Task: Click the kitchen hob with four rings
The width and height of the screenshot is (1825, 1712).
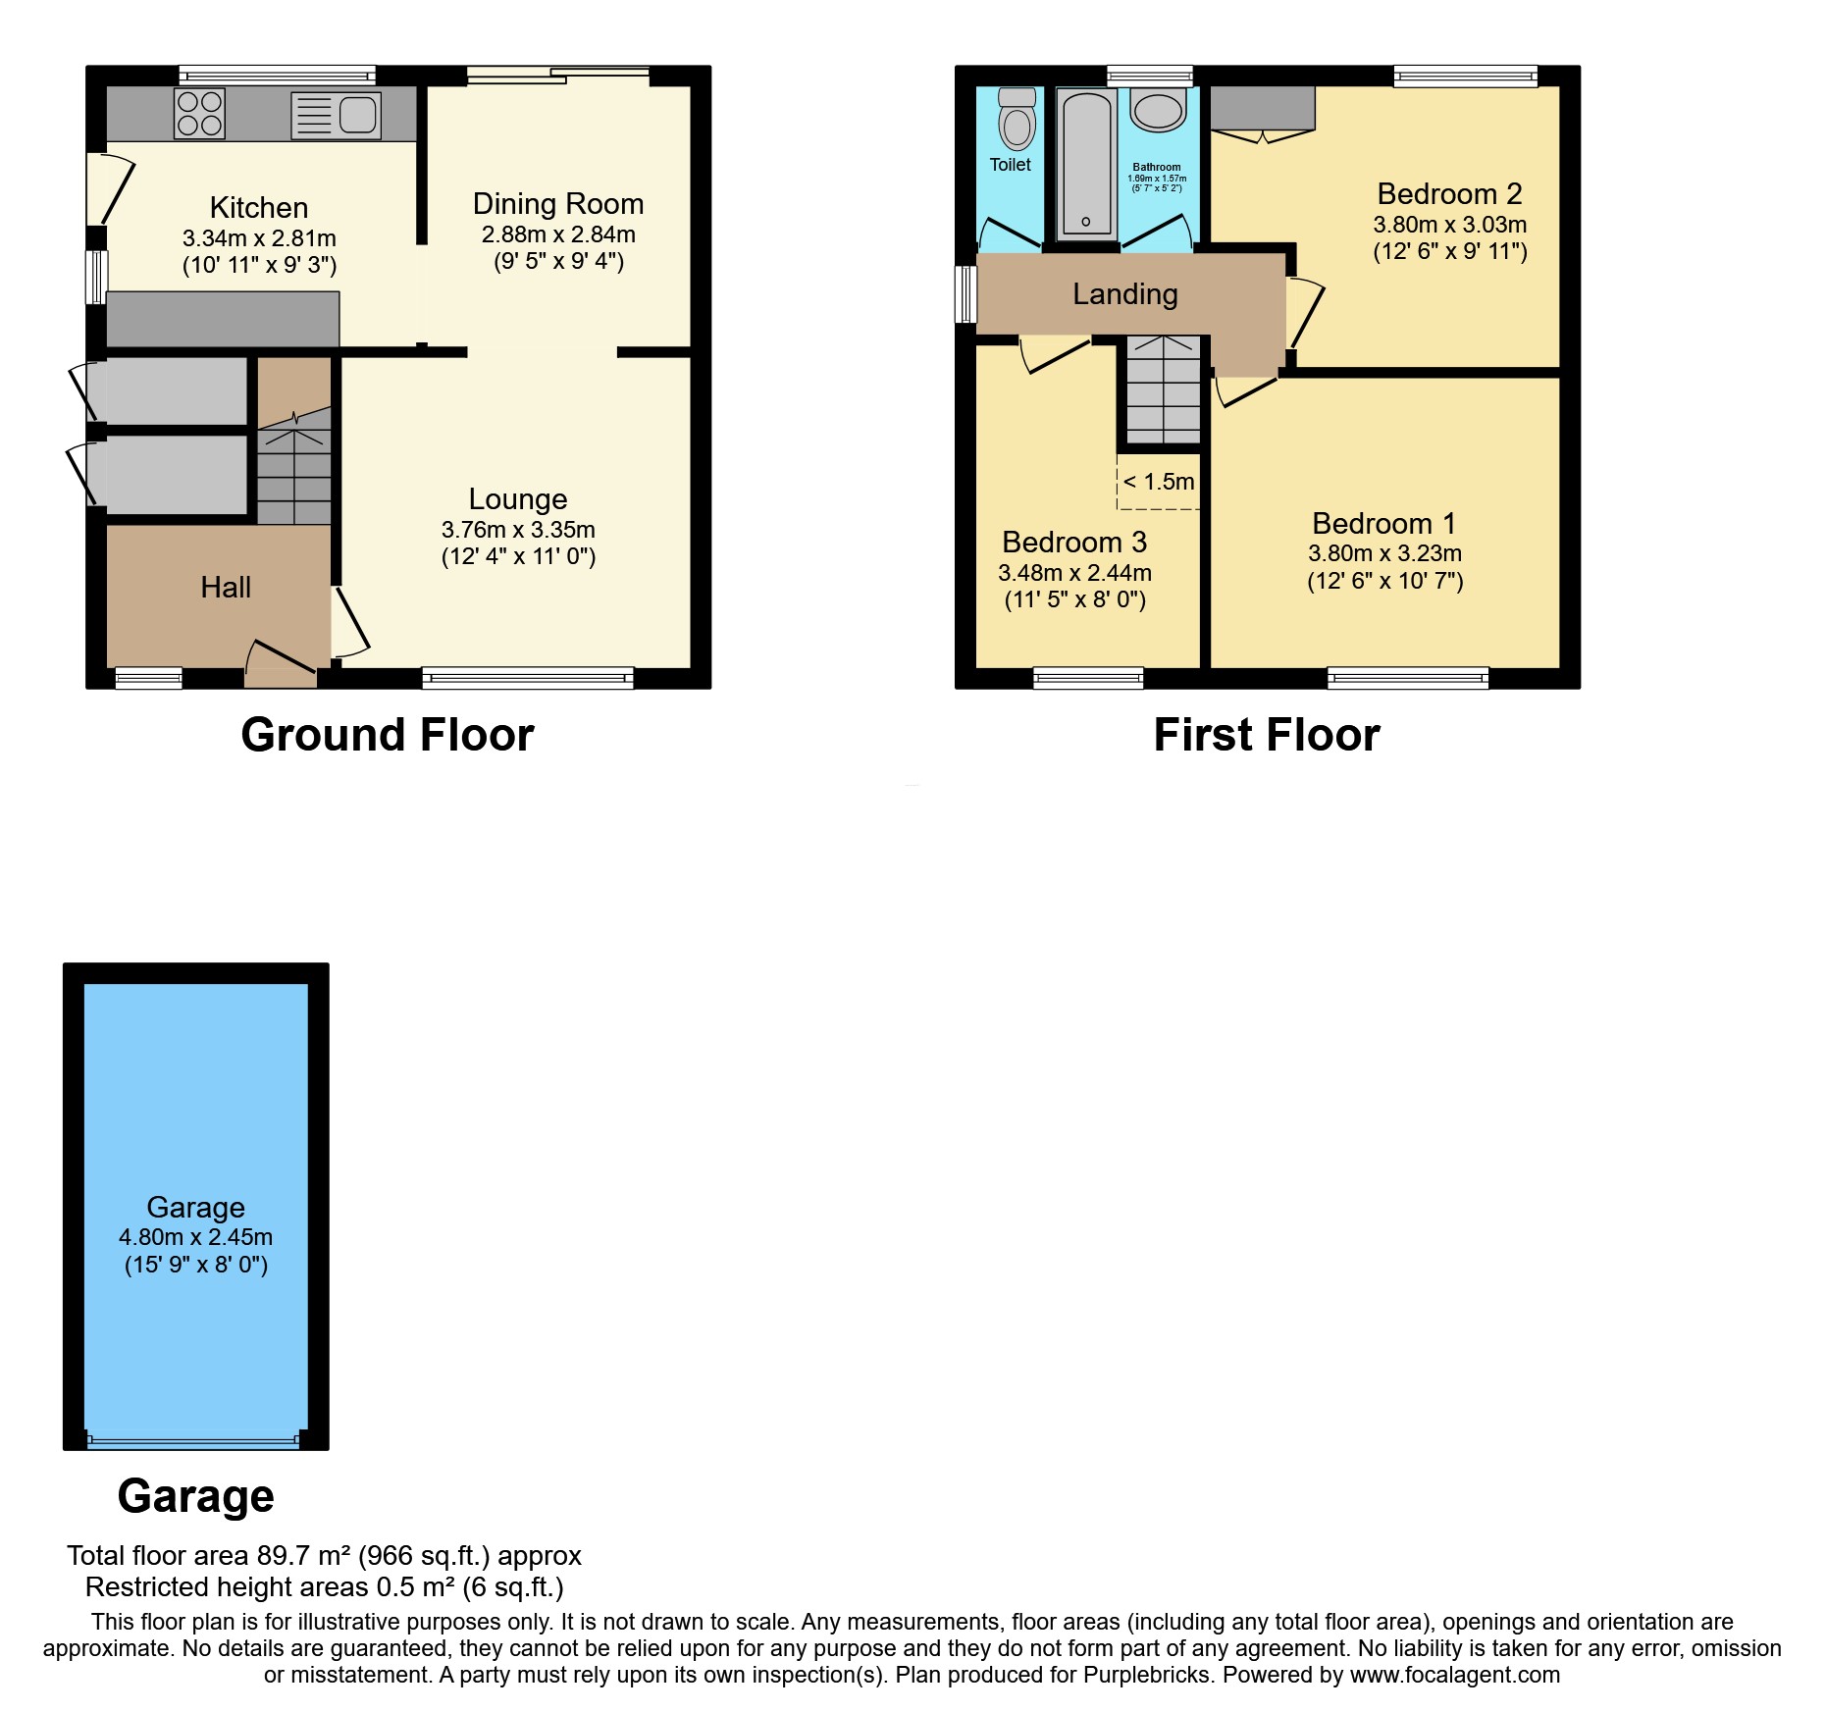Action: (199, 113)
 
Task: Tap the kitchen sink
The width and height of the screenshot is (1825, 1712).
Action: (336, 115)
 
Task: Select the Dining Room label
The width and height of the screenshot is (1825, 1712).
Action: (558, 204)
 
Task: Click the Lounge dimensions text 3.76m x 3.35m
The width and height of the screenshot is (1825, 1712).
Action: (518, 530)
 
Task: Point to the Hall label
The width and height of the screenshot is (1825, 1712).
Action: (226, 588)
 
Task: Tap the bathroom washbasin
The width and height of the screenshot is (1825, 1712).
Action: (1158, 110)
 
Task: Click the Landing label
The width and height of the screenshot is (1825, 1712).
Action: (1125, 294)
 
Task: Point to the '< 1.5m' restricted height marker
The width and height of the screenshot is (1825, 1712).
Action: (1159, 482)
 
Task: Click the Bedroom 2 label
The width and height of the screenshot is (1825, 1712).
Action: (1449, 194)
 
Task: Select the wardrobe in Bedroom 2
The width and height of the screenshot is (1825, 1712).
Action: (1262, 108)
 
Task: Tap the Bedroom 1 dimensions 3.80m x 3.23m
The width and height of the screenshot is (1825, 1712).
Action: (1384, 553)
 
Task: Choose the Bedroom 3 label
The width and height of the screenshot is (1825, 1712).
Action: (1074, 543)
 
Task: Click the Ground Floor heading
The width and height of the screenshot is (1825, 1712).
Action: (388, 735)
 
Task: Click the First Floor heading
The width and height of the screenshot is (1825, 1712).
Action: (1267, 735)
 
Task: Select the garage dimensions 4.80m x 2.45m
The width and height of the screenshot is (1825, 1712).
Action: (196, 1237)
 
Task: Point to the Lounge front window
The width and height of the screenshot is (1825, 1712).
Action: (528, 676)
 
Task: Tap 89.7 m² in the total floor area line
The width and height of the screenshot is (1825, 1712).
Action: (304, 1556)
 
